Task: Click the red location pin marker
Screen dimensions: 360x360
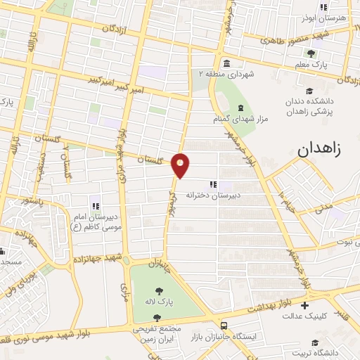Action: coord(181,165)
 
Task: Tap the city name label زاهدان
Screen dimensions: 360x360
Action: coord(320,149)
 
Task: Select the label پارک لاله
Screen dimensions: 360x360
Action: coord(160,301)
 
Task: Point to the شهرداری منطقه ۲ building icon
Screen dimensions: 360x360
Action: coord(225,63)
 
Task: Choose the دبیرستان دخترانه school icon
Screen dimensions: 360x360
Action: coord(213,184)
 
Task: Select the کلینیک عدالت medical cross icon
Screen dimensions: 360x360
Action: coord(304,306)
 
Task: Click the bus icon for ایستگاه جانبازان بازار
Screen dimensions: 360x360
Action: coord(224,326)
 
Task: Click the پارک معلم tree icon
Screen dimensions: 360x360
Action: coord(311,53)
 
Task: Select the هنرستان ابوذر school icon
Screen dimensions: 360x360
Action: coord(323,8)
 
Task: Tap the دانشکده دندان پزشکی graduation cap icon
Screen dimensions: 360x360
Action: coord(309,90)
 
